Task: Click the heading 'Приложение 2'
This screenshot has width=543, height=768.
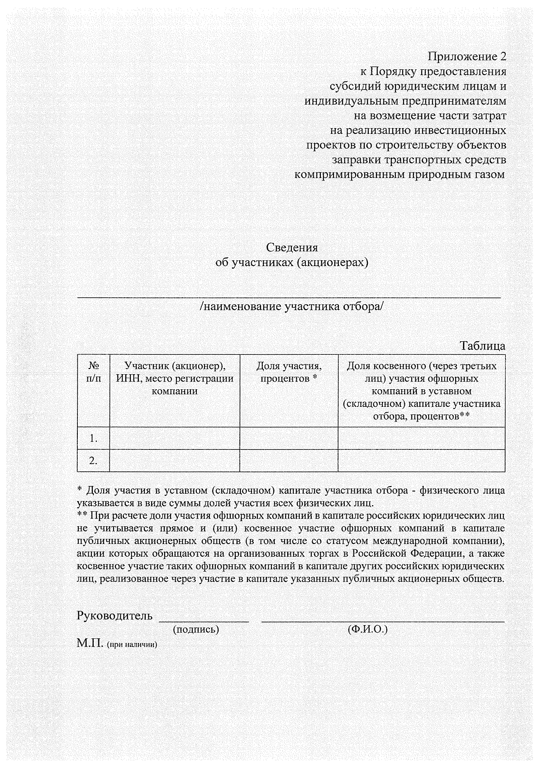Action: coord(467,57)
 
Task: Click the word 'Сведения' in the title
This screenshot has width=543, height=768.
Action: coord(291,248)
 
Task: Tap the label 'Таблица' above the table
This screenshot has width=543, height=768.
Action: coord(482,346)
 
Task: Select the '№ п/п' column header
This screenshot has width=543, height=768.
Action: coord(93,372)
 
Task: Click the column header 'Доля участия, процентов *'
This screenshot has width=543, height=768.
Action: coord(289,372)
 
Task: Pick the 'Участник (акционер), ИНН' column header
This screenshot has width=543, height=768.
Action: coord(175,378)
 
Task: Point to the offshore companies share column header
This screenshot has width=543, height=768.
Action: coord(421,391)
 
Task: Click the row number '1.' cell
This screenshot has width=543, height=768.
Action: coord(93,438)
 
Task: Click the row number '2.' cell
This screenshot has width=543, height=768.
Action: coord(93,461)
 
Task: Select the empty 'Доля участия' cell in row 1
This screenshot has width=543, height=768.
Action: coord(289,438)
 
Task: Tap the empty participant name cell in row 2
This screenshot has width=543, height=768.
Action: coord(175,461)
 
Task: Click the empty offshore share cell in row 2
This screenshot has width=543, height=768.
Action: coord(421,461)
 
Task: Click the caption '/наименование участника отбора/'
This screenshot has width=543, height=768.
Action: coord(291,306)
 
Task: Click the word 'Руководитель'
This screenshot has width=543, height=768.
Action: coord(115,615)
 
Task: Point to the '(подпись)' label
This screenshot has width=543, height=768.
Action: coord(196,629)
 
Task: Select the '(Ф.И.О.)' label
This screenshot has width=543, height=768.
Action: coord(367,629)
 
